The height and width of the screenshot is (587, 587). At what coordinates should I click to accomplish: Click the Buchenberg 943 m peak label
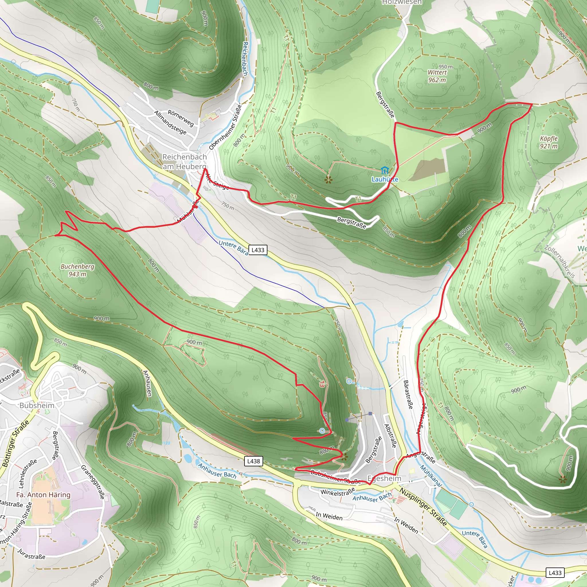[77, 270]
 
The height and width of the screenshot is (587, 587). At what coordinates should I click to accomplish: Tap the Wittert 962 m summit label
[437, 76]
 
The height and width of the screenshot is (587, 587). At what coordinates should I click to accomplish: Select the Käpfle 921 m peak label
[549, 142]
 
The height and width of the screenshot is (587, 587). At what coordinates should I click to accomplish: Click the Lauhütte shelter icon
[384, 170]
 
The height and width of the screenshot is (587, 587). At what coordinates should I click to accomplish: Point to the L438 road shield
[253, 461]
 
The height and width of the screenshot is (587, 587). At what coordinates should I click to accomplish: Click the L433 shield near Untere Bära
[258, 250]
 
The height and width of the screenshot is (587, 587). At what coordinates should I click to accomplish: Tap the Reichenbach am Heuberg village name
[184, 162]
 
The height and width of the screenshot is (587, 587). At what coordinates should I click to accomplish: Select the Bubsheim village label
[37, 406]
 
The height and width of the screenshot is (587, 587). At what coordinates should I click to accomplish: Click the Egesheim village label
[384, 479]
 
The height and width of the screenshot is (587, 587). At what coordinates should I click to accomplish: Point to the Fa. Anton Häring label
[43, 495]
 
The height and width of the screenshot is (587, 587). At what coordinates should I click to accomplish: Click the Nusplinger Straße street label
[423, 507]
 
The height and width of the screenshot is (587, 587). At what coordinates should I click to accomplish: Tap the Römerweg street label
[181, 118]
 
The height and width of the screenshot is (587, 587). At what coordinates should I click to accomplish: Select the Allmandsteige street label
[170, 122]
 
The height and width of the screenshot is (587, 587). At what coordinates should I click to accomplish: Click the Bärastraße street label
[408, 394]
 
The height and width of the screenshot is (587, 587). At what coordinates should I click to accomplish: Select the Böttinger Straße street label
[16, 443]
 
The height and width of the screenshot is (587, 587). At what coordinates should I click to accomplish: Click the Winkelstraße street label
[338, 492]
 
